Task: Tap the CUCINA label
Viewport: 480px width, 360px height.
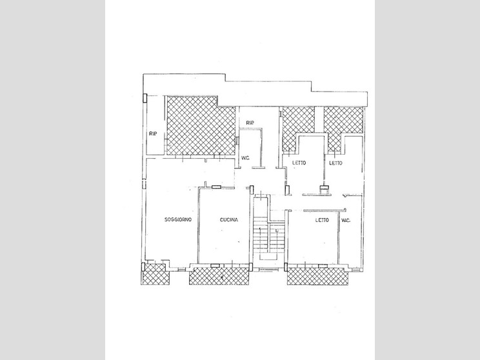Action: pos(229,220)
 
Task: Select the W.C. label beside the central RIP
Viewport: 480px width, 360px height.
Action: pos(245,157)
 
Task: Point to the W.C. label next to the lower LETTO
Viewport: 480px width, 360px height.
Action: pos(345,221)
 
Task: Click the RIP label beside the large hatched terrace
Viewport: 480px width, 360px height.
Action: pos(153,133)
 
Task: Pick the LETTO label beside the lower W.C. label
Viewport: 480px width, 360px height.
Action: pos(322,220)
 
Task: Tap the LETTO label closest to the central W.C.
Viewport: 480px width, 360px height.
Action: pos(298,163)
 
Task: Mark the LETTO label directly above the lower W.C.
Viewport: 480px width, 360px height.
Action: pos(335,163)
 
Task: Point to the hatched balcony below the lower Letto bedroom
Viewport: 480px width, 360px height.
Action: pos(319,275)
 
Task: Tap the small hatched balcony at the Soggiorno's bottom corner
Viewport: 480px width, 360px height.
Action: pos(155,275)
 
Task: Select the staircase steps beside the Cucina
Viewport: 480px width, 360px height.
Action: pos(261,235)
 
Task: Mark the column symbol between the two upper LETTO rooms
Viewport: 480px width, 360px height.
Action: pos(325,189)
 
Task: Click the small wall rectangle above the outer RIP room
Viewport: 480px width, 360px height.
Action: pos(145,98)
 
